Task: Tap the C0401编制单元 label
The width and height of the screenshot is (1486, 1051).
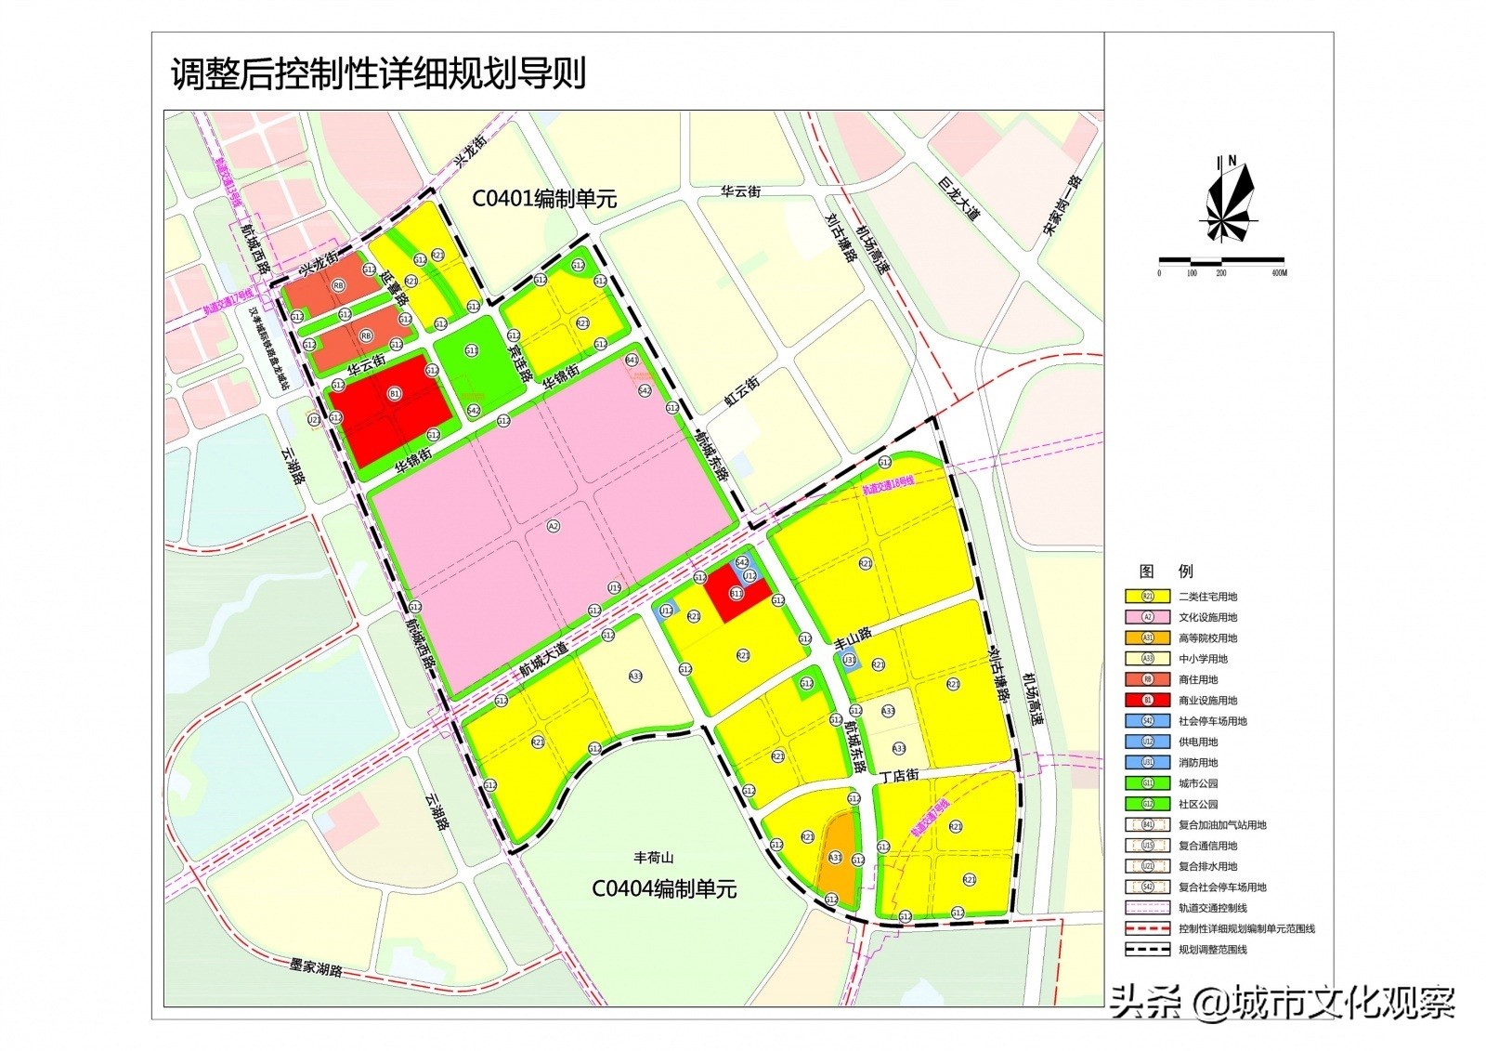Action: click(544, 199)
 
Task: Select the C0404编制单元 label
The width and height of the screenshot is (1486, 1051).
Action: click(664, 889)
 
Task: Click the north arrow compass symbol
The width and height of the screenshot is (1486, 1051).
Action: click(1229, 200)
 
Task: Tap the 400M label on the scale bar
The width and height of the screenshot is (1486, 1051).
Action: click(1278, 273)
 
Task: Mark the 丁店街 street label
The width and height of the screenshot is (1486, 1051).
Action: click(899, 775)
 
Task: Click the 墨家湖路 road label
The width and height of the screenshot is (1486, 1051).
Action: click(316, 967)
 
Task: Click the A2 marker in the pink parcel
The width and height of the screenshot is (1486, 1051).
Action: click(554, 526)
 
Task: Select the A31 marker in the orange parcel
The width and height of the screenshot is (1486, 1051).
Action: click(835, 859)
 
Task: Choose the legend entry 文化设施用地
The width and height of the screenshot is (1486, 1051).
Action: click(1207, 617)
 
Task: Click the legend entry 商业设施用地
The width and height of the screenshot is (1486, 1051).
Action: click(1207, 701)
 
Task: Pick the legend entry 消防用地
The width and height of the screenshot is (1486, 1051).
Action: click(1198, 763)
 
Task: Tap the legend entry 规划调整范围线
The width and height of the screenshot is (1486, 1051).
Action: click(1212, 950)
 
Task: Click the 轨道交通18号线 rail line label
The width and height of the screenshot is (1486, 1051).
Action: click(888, 485)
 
